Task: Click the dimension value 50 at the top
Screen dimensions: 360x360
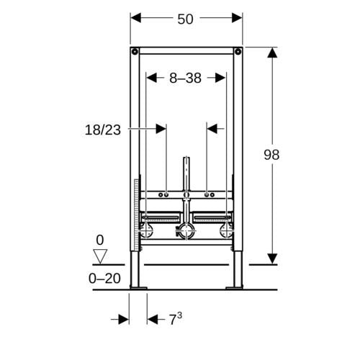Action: [185, 19]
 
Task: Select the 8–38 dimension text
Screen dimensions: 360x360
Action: [185, 78]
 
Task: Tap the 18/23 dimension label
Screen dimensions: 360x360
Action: [103, 130]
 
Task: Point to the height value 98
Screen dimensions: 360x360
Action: [271, 155]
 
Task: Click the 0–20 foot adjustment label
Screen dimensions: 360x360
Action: [104, 279]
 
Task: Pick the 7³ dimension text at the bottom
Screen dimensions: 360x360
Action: [176, 319]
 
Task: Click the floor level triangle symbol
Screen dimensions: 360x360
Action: [100, 256]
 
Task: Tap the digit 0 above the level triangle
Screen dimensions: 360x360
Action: [100, 240]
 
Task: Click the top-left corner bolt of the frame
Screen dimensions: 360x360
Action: [135, 51]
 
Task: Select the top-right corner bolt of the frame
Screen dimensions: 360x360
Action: [238, 51]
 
